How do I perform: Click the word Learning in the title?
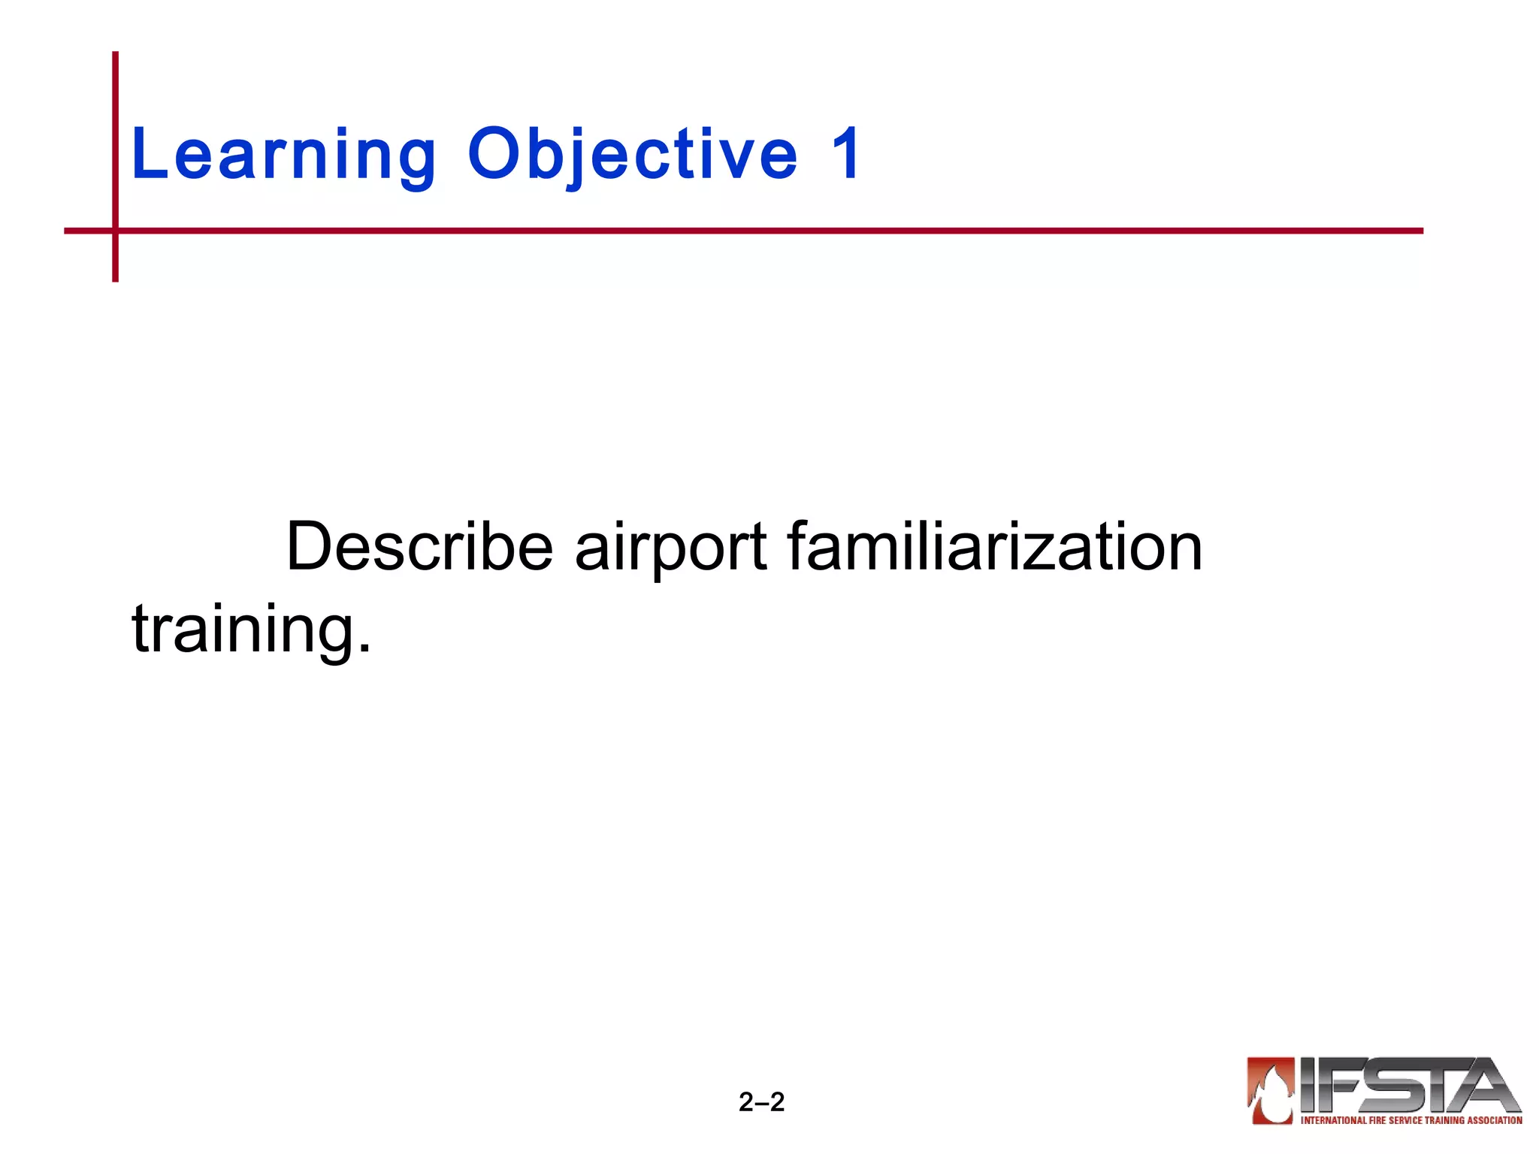click(283, 156)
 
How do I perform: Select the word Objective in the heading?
click(632, 156)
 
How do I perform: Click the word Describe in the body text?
click(419, 547)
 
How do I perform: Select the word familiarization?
click(994, 547)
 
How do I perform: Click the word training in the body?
click(240, 630)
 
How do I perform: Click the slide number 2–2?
click(761, 1102)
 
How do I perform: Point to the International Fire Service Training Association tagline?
click(1411, 1120)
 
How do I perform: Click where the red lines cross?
click(116, 231)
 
